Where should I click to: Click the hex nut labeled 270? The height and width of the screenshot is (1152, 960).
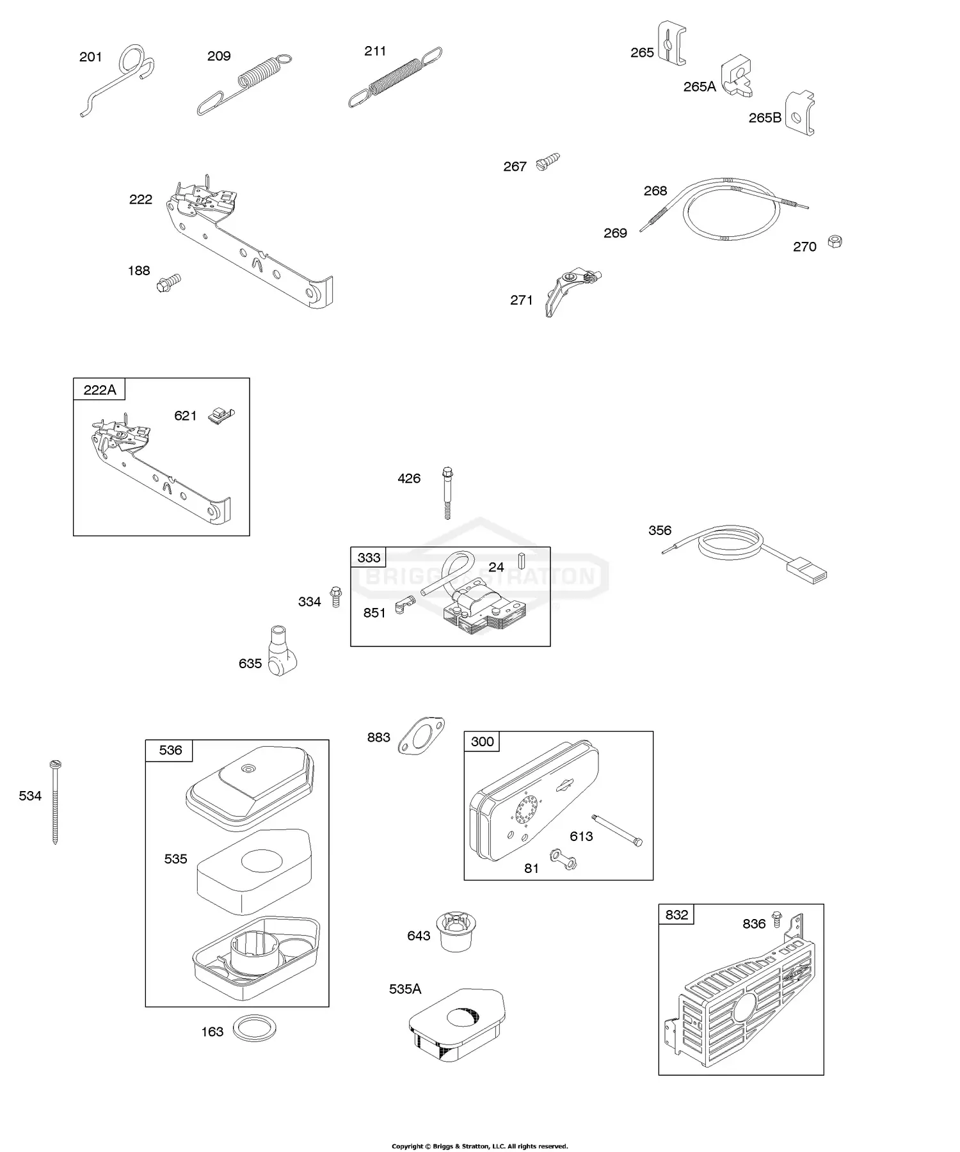pyautogui.click(x=835, y=242)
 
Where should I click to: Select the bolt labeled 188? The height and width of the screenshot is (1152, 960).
pyautogui.click(x=169, y=282)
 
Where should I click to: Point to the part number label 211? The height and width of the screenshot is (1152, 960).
pyautogui.click(x=375, y=51)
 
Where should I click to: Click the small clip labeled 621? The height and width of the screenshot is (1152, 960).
pyautogui.click(x=221, y=415)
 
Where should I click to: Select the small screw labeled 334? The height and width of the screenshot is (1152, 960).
pyautogui.click(x=335, y=596)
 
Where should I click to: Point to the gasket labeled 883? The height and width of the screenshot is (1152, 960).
pyautogui.click(x=420, y=735)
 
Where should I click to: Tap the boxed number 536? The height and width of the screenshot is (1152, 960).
pyautogui.click(x=170, y=750)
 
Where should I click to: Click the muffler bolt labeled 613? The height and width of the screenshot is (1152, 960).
pyautogui.click(x=618, y=830)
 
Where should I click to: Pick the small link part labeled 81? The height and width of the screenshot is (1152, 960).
pyautogui.click(x=563, y=860)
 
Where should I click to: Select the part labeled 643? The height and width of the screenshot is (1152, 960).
pyautogui.click(x=456, y=932)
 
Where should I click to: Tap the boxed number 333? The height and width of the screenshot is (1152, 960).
pyautogui.click(x=369, y=557)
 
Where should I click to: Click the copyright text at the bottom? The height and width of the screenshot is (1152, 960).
pyautogui.click(x=480, y=1146)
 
